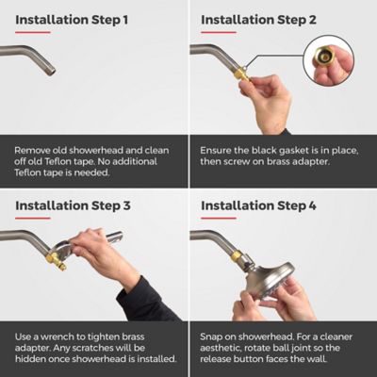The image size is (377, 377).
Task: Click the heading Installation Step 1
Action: click(x=72, y=20)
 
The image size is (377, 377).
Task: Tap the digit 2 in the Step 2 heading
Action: click(x=311, y=20)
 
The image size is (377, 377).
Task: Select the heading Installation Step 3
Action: click(x=73, y=206)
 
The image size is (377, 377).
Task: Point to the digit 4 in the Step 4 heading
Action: click(x=312, y=206)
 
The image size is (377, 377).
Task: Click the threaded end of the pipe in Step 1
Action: click(x=52, y=71)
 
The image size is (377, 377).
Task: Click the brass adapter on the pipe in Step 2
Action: click(x=242, y=74)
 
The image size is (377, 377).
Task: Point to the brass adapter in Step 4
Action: click(x=238, y=256)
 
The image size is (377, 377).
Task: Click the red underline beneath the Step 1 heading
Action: click(x=33, y=32)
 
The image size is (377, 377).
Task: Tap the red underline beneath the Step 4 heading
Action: click(x=219, y=218)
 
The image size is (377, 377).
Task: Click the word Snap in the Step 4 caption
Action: click(x=210, y=337)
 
